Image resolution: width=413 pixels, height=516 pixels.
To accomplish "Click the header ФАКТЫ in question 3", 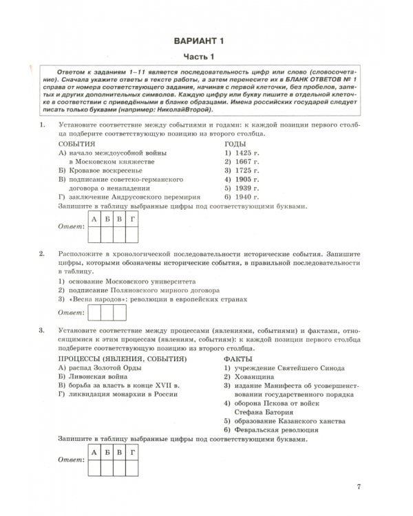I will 237,358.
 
